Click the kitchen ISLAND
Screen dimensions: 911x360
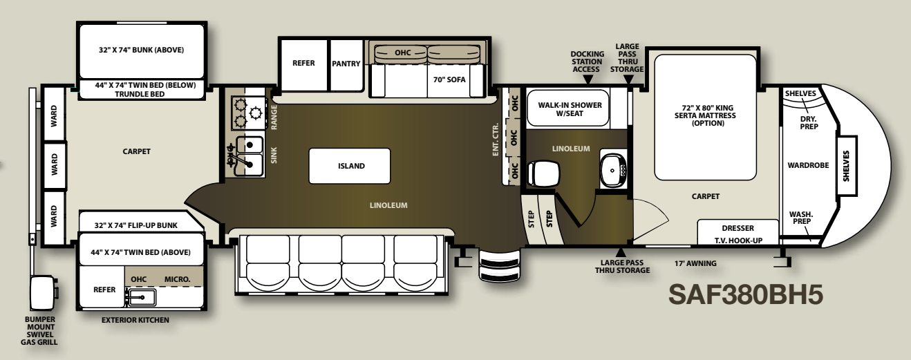[x=349, y=166]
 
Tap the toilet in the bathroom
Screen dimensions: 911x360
[x=543, y=173]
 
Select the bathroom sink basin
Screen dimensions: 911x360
[x=613, y=170]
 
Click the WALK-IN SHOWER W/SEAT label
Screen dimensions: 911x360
[x=570, y=109]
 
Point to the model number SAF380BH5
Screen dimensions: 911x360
[x=746, y=294]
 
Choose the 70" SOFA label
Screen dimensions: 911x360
[x=449, y=79]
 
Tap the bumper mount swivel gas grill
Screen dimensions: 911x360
[x=42, y=293]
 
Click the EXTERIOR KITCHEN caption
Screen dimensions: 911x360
[x=135, y=320]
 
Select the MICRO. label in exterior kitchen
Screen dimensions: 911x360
[x=178, y=279]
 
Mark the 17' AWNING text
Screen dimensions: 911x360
[x=695, y=263]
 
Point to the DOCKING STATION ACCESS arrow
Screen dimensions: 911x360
[x=588, y=79]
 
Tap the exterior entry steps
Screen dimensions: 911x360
[x=500, y=266]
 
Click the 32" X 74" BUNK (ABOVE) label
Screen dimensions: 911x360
[x=141, y=50]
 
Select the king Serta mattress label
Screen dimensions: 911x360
[x=708, y=115]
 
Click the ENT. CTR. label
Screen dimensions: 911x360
[x=496, y=139]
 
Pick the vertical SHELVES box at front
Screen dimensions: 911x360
[x=846, y=166]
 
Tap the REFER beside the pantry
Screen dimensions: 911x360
[x=303, y=63]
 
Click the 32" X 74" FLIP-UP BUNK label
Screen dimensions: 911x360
[x=136, y=225]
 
